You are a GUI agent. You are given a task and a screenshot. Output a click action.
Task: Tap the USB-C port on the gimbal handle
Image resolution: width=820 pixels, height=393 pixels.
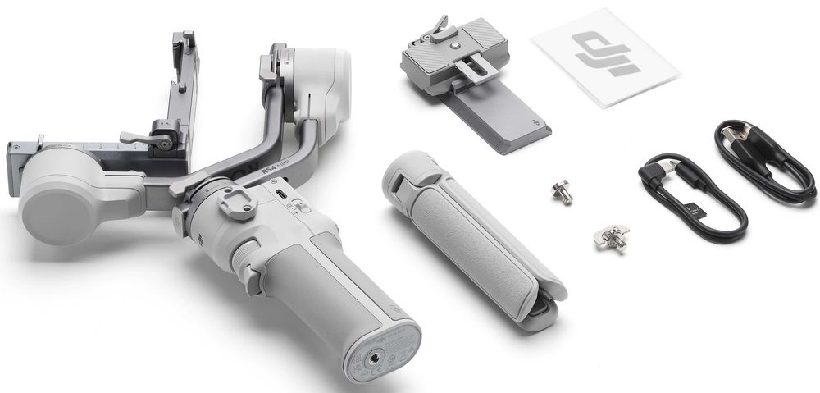click(280, 194)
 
